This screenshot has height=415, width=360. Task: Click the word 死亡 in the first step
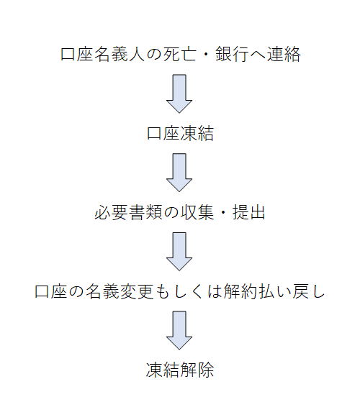(180, 54)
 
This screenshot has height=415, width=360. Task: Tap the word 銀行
(232, 54)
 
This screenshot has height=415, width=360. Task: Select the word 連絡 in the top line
(284, 54)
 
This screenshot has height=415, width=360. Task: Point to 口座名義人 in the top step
(103, 54)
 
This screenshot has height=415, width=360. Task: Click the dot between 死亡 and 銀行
(206, 55)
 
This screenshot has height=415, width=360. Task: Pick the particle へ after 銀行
(258, 55)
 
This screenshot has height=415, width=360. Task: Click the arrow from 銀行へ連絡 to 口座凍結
(179, 94)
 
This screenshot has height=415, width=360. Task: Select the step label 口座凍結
(180, 133)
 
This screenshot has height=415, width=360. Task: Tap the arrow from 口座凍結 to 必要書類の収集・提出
(179, 173)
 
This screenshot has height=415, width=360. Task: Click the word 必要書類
(128, 212)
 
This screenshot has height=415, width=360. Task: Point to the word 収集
(197, 212)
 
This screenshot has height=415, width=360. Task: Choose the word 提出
(248, 212)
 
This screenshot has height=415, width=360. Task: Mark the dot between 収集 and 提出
(223, 212)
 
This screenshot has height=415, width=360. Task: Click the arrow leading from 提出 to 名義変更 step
(179, 252)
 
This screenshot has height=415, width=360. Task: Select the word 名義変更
(120, 291)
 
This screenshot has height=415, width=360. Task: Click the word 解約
(240, 291)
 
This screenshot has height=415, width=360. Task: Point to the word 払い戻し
(292, 291)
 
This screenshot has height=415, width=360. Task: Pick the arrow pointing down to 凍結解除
(179, 330)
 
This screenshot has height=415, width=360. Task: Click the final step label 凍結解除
(180, 370)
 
